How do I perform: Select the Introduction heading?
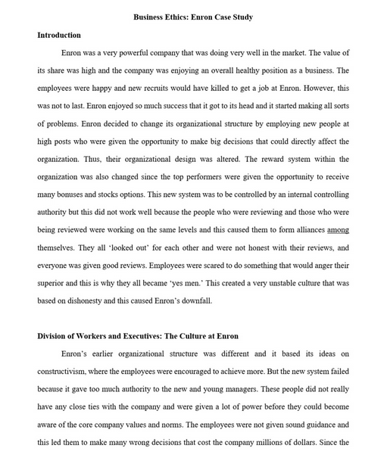click(59, 35)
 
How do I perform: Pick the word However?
click(311, 89)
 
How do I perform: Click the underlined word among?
click(338, 230)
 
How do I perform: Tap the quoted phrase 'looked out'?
click(126, 248)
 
